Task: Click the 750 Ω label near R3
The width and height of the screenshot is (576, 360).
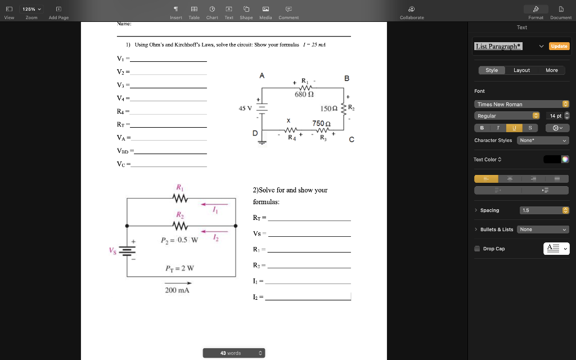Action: tap(321, 123)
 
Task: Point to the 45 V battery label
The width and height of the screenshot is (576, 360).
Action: tap(245, 108)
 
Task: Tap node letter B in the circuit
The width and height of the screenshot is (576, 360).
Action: tap(346, 78)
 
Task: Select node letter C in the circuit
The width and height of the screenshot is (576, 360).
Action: tap(352, 141)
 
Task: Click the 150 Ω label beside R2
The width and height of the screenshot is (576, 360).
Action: tap(328, 107)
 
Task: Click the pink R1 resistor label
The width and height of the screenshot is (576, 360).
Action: tap(179, 187)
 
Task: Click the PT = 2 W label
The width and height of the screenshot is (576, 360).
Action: tap(179, 268)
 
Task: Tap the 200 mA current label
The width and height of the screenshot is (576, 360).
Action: tap(177, 290)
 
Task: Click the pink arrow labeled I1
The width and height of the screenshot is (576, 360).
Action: tap(214, 205)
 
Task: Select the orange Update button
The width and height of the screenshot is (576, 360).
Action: tap(559, 46)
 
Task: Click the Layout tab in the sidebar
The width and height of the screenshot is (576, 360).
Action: tap(521, 70)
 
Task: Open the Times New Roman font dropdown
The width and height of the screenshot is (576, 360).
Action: tap(523, 104)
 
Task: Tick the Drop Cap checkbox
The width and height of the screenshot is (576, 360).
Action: tap(477, 249)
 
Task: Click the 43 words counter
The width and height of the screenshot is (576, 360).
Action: tap(233, 353)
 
